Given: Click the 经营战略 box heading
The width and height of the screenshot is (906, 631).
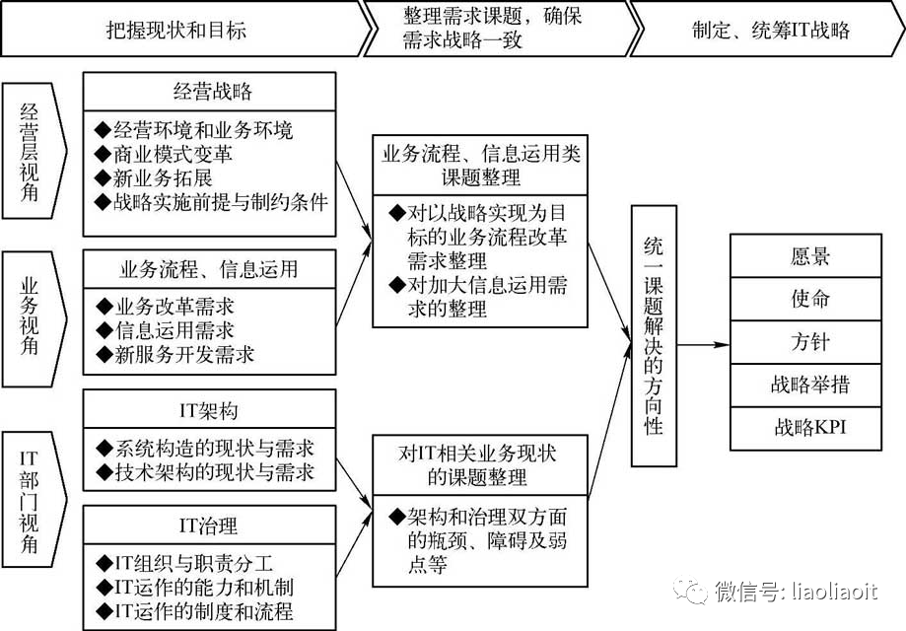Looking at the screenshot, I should click(211, 92).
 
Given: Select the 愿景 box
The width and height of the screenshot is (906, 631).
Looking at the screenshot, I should click(809, 256).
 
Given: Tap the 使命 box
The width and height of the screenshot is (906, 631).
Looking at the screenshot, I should click(809, 299).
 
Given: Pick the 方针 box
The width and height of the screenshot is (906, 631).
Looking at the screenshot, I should click(809, 342).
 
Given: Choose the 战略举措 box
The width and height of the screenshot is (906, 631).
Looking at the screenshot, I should click(809, 385).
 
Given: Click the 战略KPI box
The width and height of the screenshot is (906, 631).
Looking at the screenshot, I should click(809, 427).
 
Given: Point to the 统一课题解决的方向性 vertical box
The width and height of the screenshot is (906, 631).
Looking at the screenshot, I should click(653, 335).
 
